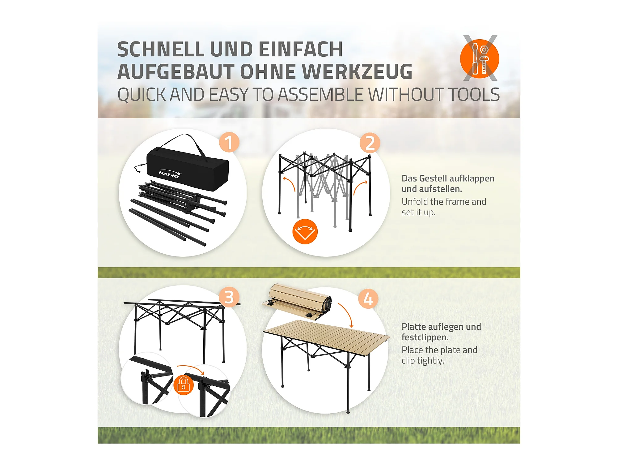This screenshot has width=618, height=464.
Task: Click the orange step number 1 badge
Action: [x=229, y=142]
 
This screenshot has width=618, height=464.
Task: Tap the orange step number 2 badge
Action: [x=370, y=143]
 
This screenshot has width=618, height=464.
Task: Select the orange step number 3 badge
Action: [x=229, y=297]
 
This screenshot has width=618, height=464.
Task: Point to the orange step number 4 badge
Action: [x=368, y=299]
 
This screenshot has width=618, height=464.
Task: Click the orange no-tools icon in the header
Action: [x=480, y=58]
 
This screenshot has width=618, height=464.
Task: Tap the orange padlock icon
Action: [x=184, y=385]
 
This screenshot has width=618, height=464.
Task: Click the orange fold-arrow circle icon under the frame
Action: [x=305, y=231]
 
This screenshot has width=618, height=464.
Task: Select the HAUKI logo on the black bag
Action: [x=170, y=174]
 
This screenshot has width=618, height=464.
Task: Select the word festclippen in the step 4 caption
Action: [x=425, y=337]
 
